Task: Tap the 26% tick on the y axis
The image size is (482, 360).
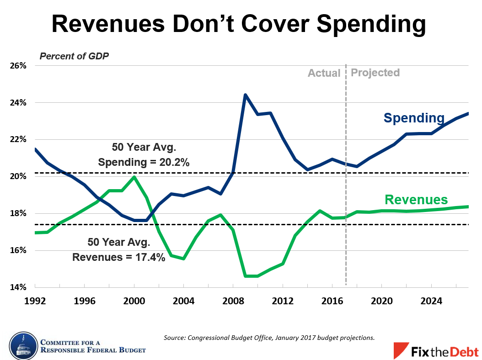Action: (18, 66)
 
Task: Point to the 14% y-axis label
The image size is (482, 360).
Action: (18, 287)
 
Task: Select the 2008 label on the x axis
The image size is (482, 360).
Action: (232, 302)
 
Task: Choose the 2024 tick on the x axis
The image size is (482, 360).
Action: (431, 302)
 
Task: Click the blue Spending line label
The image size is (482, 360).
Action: (414, 118)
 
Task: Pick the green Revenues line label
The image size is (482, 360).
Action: (416, 200)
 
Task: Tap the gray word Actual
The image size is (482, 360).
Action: (324, 73)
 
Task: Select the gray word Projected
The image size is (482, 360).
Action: (375, 73)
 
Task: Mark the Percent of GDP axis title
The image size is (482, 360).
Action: (74, 57)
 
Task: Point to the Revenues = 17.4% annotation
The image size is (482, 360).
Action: (118, 257)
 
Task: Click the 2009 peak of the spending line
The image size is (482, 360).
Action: (245, 95)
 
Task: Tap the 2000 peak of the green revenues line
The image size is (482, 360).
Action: (134, 177)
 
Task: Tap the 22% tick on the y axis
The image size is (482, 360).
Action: (18, 140)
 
